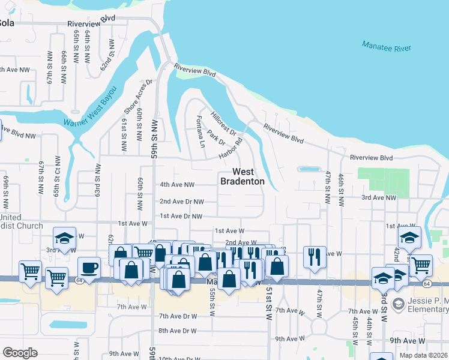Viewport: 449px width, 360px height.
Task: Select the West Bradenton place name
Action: click(242, 176)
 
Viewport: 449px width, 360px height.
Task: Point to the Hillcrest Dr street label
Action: click(224, 122)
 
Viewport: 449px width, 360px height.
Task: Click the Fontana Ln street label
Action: click(200, 132)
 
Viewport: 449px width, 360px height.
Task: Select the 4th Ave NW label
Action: click(177, 185)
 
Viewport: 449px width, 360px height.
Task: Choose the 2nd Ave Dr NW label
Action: click(181, 202)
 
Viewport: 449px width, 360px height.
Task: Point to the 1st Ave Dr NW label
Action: click(181, 216)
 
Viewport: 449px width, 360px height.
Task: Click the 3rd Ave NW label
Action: click(379, 197)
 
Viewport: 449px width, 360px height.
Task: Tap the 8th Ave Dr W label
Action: click(178, 331)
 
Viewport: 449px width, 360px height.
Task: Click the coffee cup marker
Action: click(89, 267)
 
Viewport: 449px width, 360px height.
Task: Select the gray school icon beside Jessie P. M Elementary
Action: click(397, 305)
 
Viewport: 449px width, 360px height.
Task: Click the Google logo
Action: click(19, 353)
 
